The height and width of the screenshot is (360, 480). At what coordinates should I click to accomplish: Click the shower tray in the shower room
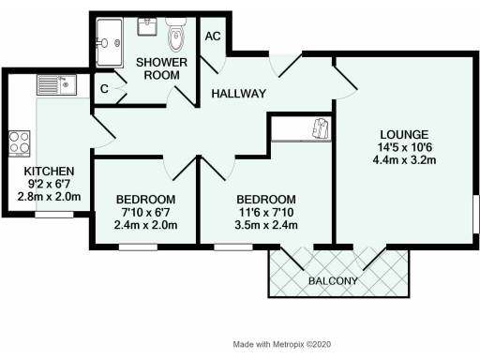click(108, 41)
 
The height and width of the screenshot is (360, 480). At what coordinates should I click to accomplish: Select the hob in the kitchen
click(20, 142)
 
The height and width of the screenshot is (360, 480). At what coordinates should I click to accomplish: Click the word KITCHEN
click(50, 170)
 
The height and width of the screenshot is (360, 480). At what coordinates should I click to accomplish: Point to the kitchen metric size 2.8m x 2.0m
click(50, 198)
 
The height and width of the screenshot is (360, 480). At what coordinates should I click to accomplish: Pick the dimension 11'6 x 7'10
click(266, 213)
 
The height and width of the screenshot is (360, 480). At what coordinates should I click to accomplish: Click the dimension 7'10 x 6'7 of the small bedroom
click(145, 213)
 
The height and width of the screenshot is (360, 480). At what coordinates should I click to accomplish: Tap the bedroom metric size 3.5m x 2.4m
click(266, 226)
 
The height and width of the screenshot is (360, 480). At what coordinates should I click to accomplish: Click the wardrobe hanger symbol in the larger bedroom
click(322, 127)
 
